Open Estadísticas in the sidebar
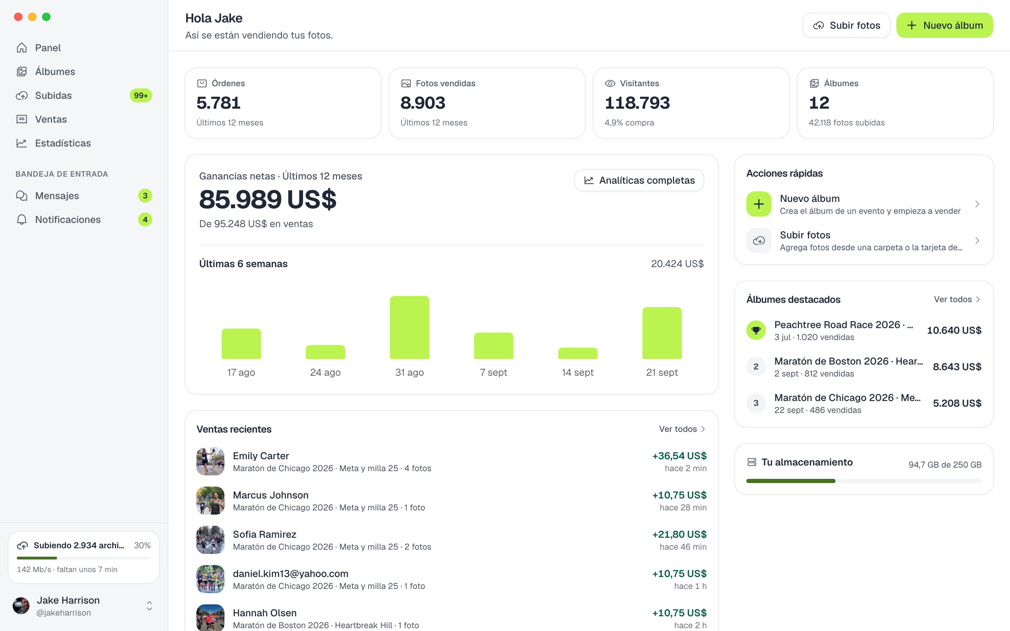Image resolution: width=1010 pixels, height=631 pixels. pyautogui.click(x=63, y=143)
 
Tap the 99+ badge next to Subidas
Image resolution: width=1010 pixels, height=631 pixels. pyautogui.click(x=141, y=96)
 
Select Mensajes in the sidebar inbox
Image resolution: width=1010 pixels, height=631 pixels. pyautogui.click(x=57, y=196)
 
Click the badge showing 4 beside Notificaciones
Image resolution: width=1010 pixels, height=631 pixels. pyautogui.click(x=145, y=219)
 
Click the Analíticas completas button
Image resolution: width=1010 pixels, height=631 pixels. pyautogui.click(x=639, y=180)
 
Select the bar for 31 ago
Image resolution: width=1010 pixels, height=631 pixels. pyautogui.click(x=409, y=327)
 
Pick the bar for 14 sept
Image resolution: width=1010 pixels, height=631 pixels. pyautogui.click(x=578, y=353)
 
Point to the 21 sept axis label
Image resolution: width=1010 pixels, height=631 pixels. pyautogui.click(x=661, y=372)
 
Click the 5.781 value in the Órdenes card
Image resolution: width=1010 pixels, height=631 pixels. pyautogui.click(x=218, y=103)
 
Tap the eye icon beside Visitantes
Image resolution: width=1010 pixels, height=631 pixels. pyautogui.click(x=610, y=83)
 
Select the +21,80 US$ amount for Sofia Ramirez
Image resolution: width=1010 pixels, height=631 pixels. pyautogui.click(x=679, y=534)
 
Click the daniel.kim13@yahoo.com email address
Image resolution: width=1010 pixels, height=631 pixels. pyautogui.click(x=290, y=574)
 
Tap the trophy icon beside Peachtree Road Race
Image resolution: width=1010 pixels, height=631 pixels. pyautogui.click(x=756, y=330)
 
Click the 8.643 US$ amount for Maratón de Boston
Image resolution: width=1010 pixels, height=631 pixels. pyautogui.click(x=957, y=366)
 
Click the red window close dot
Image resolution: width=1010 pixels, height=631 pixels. pyautogui.click(x=18, y=17)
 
